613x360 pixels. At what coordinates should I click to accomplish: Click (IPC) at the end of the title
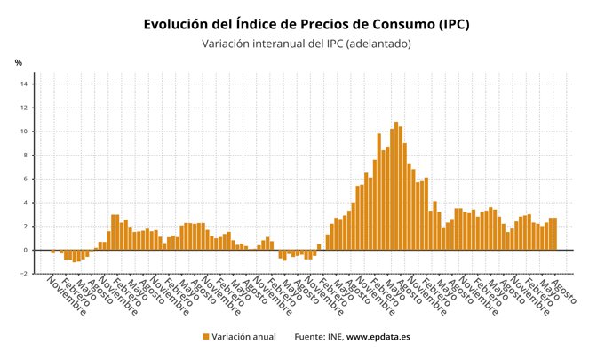(x=448, y=24)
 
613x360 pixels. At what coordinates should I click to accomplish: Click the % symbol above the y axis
(x=18, y=62)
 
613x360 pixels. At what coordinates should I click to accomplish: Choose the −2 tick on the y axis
(x=26, y=274)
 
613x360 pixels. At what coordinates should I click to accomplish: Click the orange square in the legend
(x=205, y=337)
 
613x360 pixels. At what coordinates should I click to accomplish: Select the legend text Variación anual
(x=243, y=337)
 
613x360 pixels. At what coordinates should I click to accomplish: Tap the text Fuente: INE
(x=318, y=337)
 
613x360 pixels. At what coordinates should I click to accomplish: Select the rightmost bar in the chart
(x=555, y=234)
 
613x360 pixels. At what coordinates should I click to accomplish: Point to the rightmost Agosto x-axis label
(x=565, y=291)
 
